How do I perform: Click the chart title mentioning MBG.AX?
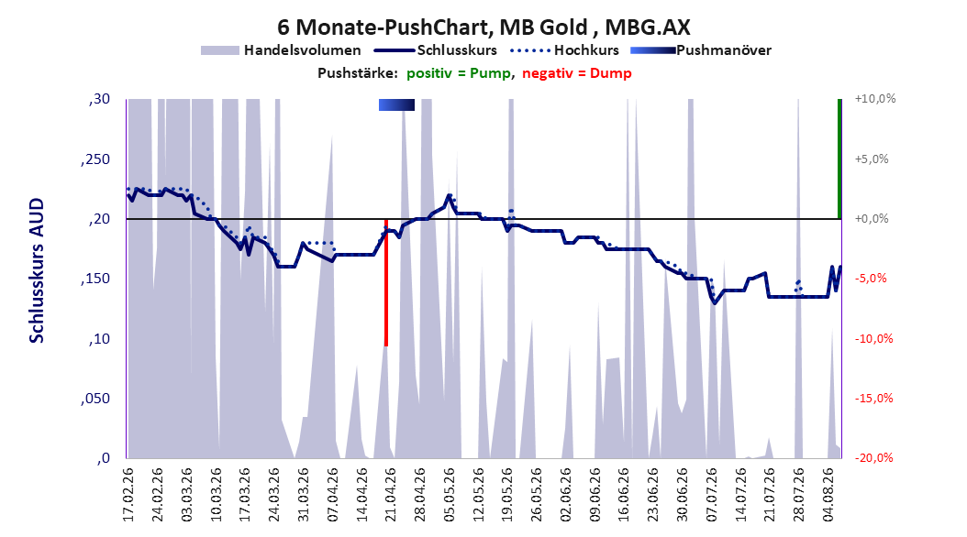[x=483, y=27]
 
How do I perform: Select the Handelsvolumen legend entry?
[x=281, y=50]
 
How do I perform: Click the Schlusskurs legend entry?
[x=436, y=50]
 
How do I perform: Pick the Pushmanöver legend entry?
[x=701, y=50]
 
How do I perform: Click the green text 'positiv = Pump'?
[x=459, y=73]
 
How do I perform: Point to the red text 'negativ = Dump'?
[x=577, y=73]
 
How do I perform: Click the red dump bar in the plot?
[x=386, y=282]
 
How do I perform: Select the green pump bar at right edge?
[x=839, y=159]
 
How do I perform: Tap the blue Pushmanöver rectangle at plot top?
[x=396, y=104]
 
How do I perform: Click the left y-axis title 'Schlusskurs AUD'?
[x=37, y=270]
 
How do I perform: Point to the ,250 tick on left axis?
[x=95, y=159]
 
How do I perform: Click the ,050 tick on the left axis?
[x=95, y=399]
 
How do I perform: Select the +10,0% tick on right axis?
[x=875, y=99]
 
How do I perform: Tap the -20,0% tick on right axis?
[x=873, y=458]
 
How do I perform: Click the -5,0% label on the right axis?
[x=871, y=279]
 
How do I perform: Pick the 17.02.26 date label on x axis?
[x=128, y=495]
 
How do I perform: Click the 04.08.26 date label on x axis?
[x=828, y=495]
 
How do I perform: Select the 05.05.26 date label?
[x=449, y=495]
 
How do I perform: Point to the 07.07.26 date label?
[x=712, y=495]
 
